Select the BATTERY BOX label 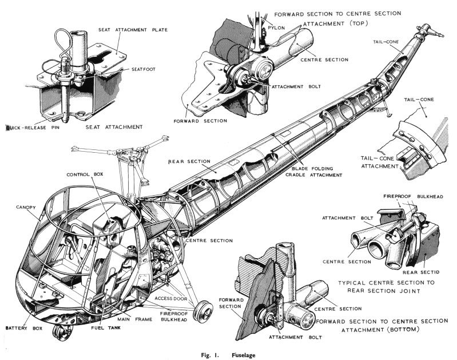pos(21,329)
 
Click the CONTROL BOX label pos(84,175)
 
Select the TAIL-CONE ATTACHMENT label pos(378,162)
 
